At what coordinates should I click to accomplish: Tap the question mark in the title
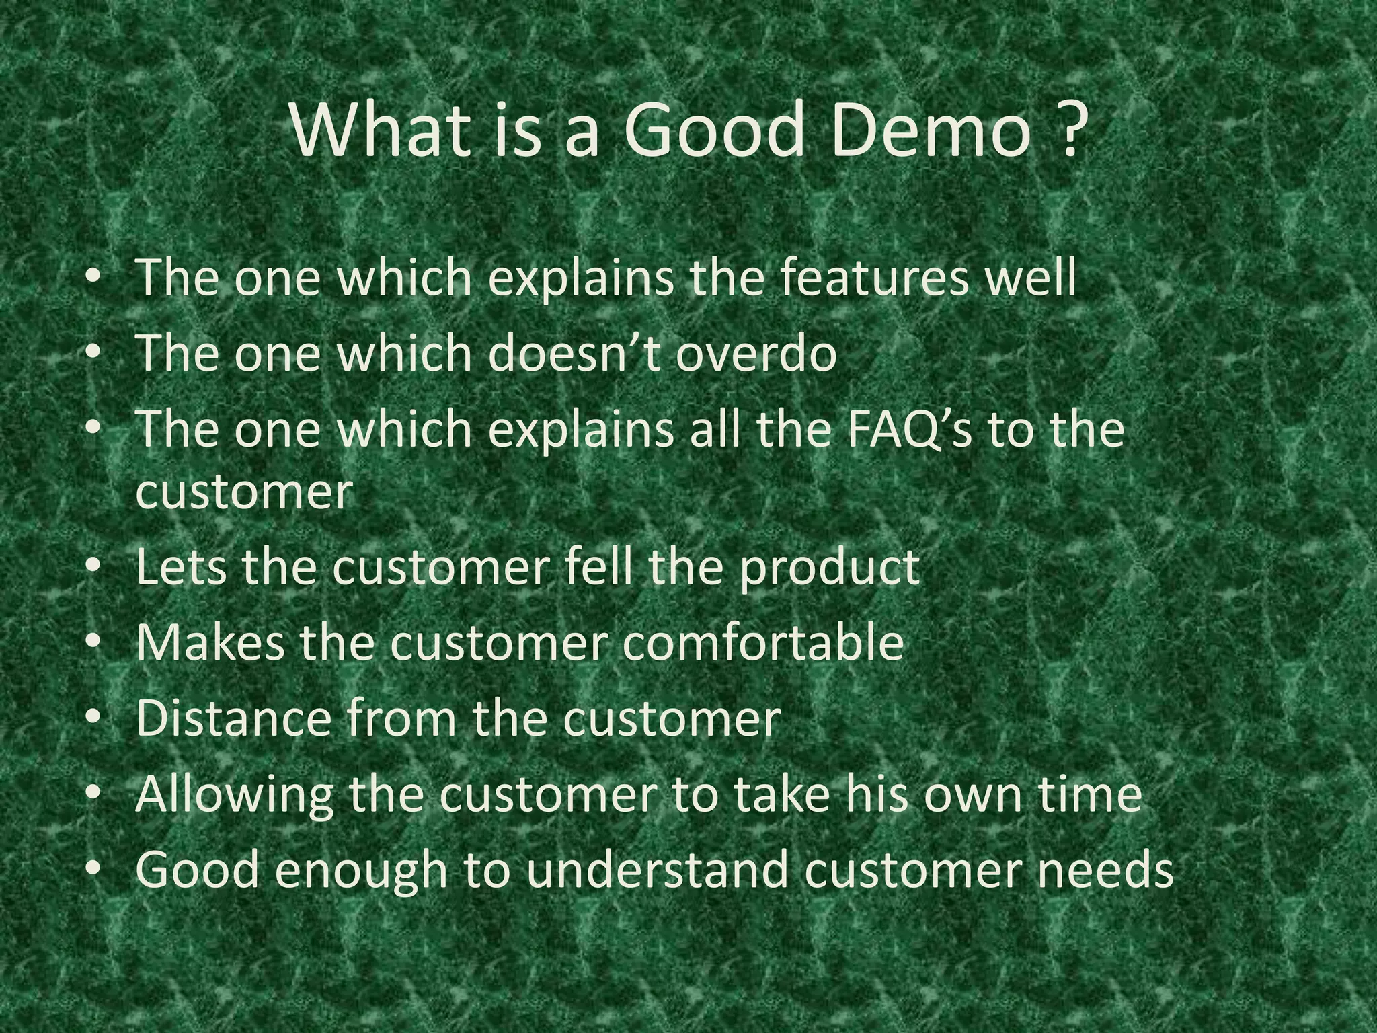1068,128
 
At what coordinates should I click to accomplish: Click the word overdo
756,352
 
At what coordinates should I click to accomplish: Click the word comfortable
762,642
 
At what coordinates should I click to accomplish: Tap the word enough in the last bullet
359,871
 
